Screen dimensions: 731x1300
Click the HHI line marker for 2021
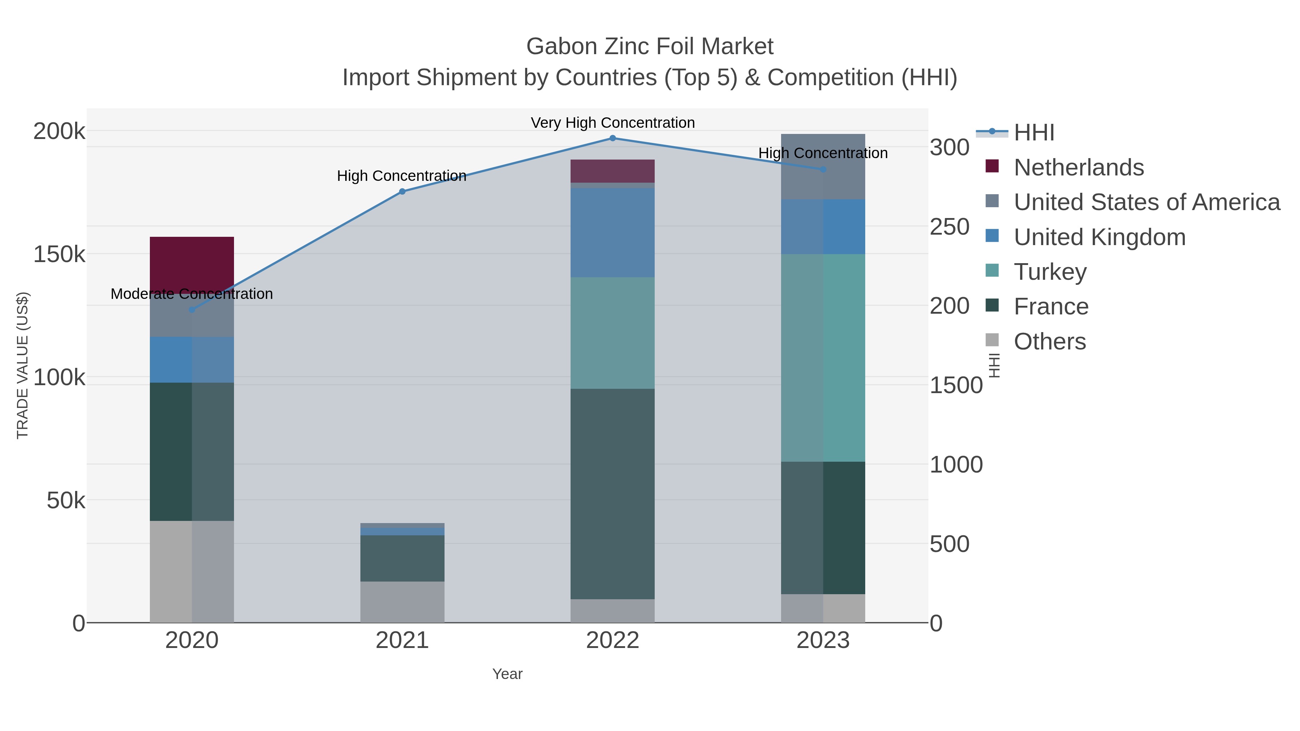402,192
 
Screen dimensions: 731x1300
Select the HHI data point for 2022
613,138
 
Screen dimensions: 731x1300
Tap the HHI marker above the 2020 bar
192,310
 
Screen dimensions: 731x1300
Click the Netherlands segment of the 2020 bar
192,262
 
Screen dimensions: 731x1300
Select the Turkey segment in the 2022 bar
613,333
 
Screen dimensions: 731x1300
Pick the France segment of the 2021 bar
402,558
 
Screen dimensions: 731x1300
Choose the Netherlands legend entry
1078,167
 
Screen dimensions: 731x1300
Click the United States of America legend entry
1147,202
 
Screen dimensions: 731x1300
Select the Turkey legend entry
1050,272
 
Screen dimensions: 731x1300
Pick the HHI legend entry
1033,133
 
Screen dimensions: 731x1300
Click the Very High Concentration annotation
613,123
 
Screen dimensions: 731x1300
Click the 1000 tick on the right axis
956,465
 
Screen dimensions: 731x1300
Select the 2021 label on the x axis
402,641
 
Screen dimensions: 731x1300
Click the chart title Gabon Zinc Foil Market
650,47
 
